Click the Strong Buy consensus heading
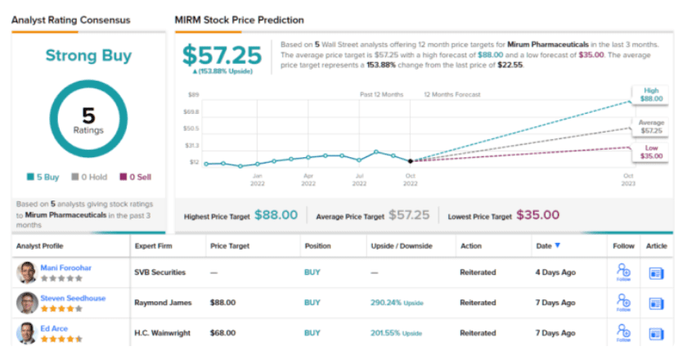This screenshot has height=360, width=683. (x=88, y=56)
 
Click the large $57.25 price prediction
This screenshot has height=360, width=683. (x=222, y=55)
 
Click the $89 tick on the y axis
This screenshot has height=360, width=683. (x=193, y=95)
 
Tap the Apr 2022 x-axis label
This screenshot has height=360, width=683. (x=308, y=180)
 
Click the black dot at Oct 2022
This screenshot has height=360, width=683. (x=411, y=161)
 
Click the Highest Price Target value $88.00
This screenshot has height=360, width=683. (x=276, y=215)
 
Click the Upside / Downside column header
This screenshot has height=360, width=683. (x=402, y=245)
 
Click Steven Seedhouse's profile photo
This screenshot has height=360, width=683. (x=26, y=303)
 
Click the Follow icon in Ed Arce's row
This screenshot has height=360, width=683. (x=625, y=331)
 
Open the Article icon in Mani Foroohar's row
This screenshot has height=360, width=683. (x=657, y=273)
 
